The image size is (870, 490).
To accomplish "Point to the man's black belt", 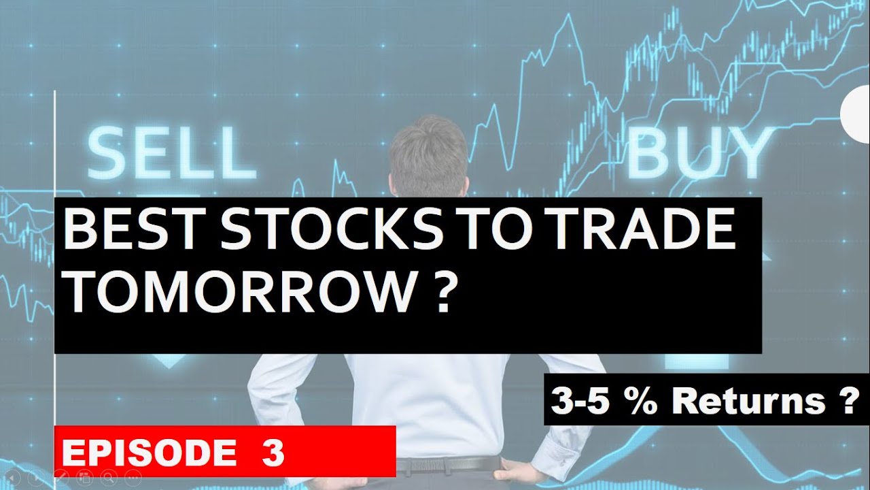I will (449, 465).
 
